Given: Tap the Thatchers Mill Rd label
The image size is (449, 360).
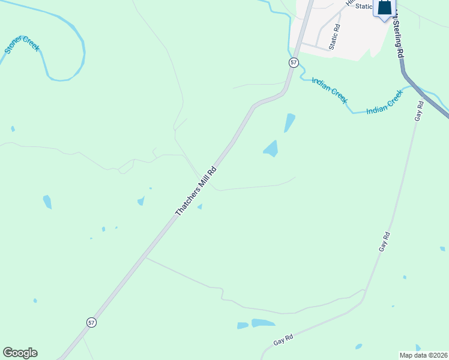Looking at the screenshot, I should (x=195, y=191).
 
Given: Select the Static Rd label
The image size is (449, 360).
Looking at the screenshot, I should (x=334, y=37).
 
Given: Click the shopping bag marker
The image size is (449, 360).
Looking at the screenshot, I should (x=384, y=8).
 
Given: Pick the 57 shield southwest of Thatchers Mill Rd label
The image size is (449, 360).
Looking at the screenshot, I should (x=91, y=322).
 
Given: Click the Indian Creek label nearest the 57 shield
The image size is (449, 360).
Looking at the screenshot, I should (x=329, y=89).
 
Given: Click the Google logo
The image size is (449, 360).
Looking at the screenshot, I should (x=20, y=353).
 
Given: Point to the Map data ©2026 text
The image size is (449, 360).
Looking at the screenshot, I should (x=423, y=355).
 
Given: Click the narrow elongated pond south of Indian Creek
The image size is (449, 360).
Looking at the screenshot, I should (x=289, y=122).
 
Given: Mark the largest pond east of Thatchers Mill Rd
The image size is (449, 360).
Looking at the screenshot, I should (x=271, y=148).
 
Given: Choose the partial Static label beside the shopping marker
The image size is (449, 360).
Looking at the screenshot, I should (x=364, y=6).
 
